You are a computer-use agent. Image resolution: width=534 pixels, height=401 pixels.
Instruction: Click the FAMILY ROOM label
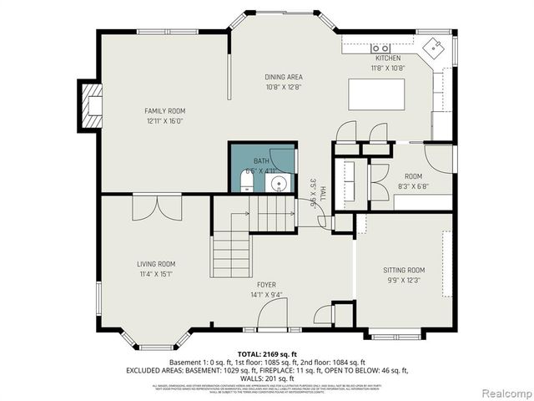click(164, 110)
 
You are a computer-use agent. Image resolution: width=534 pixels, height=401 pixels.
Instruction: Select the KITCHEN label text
click(387, 58)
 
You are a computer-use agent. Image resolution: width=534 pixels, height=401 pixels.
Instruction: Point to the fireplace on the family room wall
click(90, 104)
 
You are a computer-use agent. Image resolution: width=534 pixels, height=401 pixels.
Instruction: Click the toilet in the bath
click(247, 182)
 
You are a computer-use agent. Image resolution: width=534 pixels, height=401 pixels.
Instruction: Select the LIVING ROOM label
click(156, 264)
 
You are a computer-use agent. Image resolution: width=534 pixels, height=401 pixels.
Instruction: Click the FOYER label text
click(266, 285)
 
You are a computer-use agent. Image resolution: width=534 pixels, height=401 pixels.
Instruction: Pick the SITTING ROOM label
click(404, 270)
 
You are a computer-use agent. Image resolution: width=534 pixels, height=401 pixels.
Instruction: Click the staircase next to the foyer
click(232, 242)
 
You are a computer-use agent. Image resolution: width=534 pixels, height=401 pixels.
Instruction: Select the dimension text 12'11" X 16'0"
click(164, 120)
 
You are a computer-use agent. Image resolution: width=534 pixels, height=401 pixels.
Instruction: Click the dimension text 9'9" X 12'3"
click(404, 280)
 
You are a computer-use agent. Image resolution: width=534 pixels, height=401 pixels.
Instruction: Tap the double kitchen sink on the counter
click(380, 48)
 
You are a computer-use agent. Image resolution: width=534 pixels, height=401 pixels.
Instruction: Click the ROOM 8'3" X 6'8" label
click(413, 181)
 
